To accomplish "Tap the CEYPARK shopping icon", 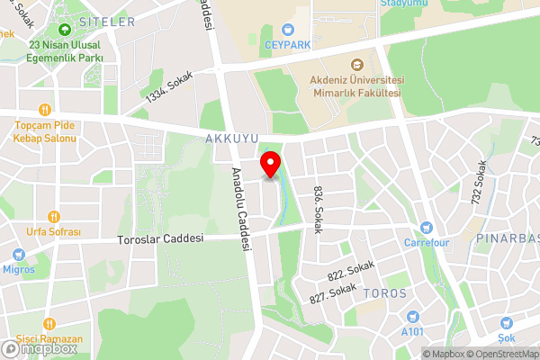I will [x=287, y=29].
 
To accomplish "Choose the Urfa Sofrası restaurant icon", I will [x=52, y=216].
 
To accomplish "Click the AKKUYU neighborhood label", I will [x=232, y=139].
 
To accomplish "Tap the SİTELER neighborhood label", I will [x=106, y=21].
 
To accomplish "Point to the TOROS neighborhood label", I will [x=385, y=293].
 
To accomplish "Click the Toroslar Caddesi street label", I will [x=161, y=239].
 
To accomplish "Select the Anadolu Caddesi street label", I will [x=238, y=209].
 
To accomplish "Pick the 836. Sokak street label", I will [x=318, y=210].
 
